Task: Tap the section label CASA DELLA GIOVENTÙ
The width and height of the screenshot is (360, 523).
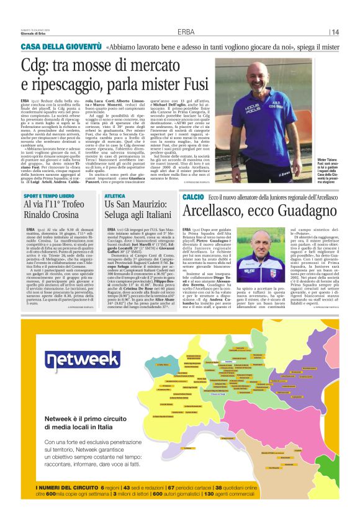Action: click(61, 47)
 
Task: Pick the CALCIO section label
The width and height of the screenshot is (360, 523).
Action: click(192, 196)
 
